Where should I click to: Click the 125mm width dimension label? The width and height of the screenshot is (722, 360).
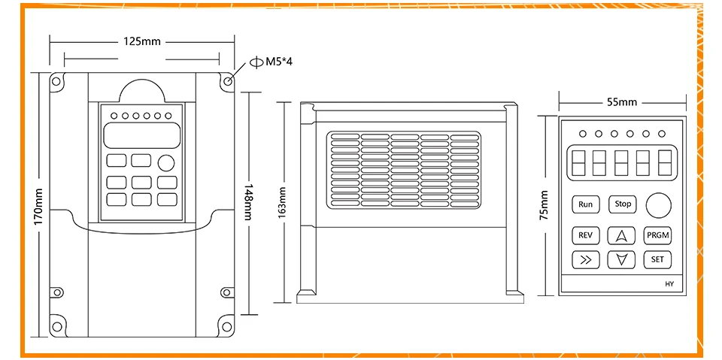pos(142,41)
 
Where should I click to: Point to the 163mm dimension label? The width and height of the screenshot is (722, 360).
pos(283,202)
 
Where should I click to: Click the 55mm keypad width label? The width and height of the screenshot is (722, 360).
pos(621,101)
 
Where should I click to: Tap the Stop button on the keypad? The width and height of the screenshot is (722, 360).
pos(623,204)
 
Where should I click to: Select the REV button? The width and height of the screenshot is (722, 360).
pos(585,235)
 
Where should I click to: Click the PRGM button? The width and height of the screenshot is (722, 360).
pos(657,235)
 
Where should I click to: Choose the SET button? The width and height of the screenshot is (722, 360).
pos(657,260)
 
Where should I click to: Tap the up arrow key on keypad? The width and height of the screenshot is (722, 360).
pos(621,235)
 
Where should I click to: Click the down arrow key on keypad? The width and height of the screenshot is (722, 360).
pos(621,260)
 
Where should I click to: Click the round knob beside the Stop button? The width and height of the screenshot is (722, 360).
pos(659,204)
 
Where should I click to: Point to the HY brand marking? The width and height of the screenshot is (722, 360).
pos(669,284)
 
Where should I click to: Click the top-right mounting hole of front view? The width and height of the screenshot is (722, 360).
pos(226,79)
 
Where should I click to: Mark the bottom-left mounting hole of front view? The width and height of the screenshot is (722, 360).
pos(55,325)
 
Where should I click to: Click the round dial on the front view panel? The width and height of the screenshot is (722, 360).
pos(165,162)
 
